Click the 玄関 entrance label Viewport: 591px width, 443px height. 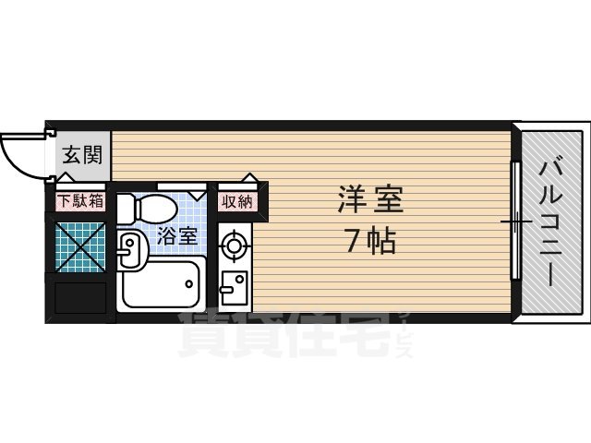coord(81,155)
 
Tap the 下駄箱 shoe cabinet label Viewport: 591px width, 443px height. coord(80,200)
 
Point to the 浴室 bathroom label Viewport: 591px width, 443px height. coord(176,236)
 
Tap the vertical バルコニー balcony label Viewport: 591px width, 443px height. coord(552,221)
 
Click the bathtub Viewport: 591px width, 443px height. coord(163,283)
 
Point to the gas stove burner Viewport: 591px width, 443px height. coord(235,245)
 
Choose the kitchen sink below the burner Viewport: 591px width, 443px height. coord(234,288)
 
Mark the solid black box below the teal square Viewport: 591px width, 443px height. coord(81,297)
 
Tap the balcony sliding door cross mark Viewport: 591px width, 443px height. coord(515,222)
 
